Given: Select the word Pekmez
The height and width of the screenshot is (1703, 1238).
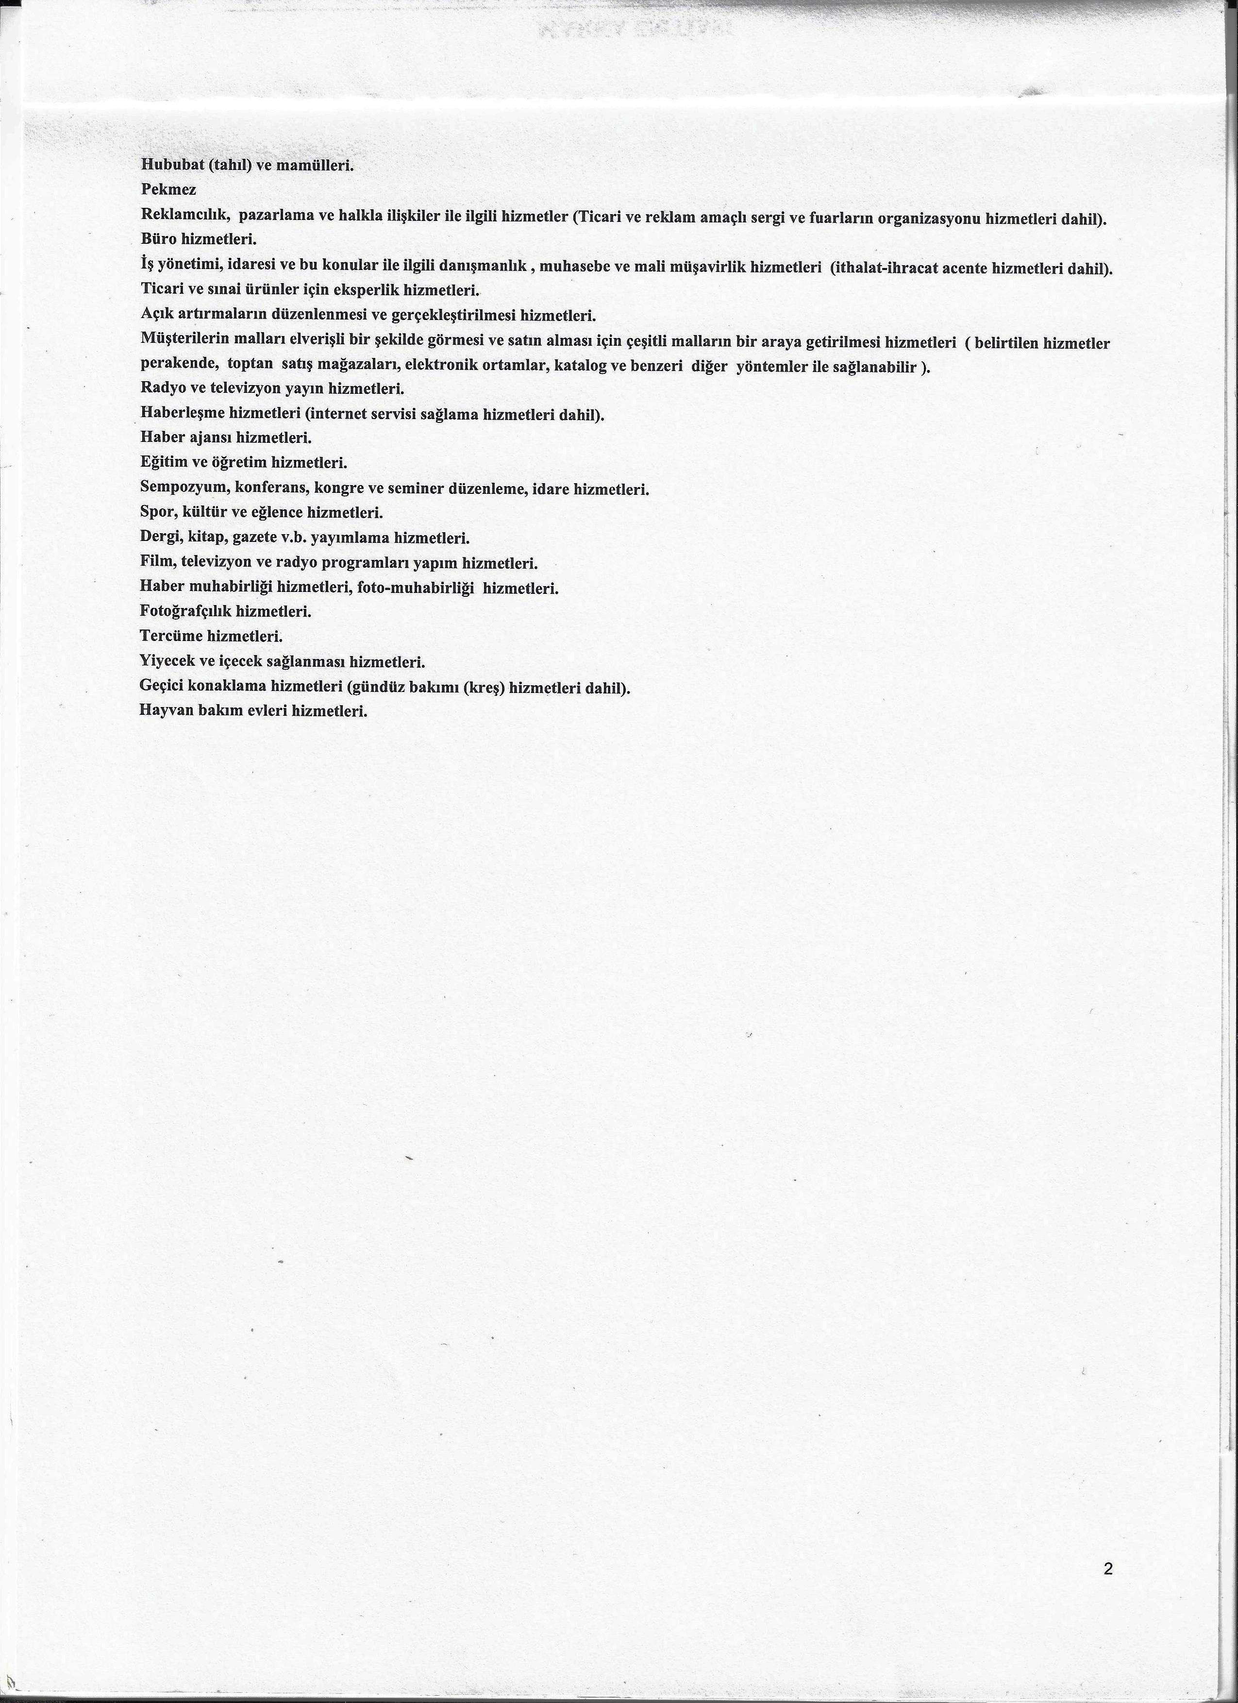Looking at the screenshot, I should click(x=168, y=190).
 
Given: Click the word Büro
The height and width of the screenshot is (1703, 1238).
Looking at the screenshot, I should click(x=158, y=240).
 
